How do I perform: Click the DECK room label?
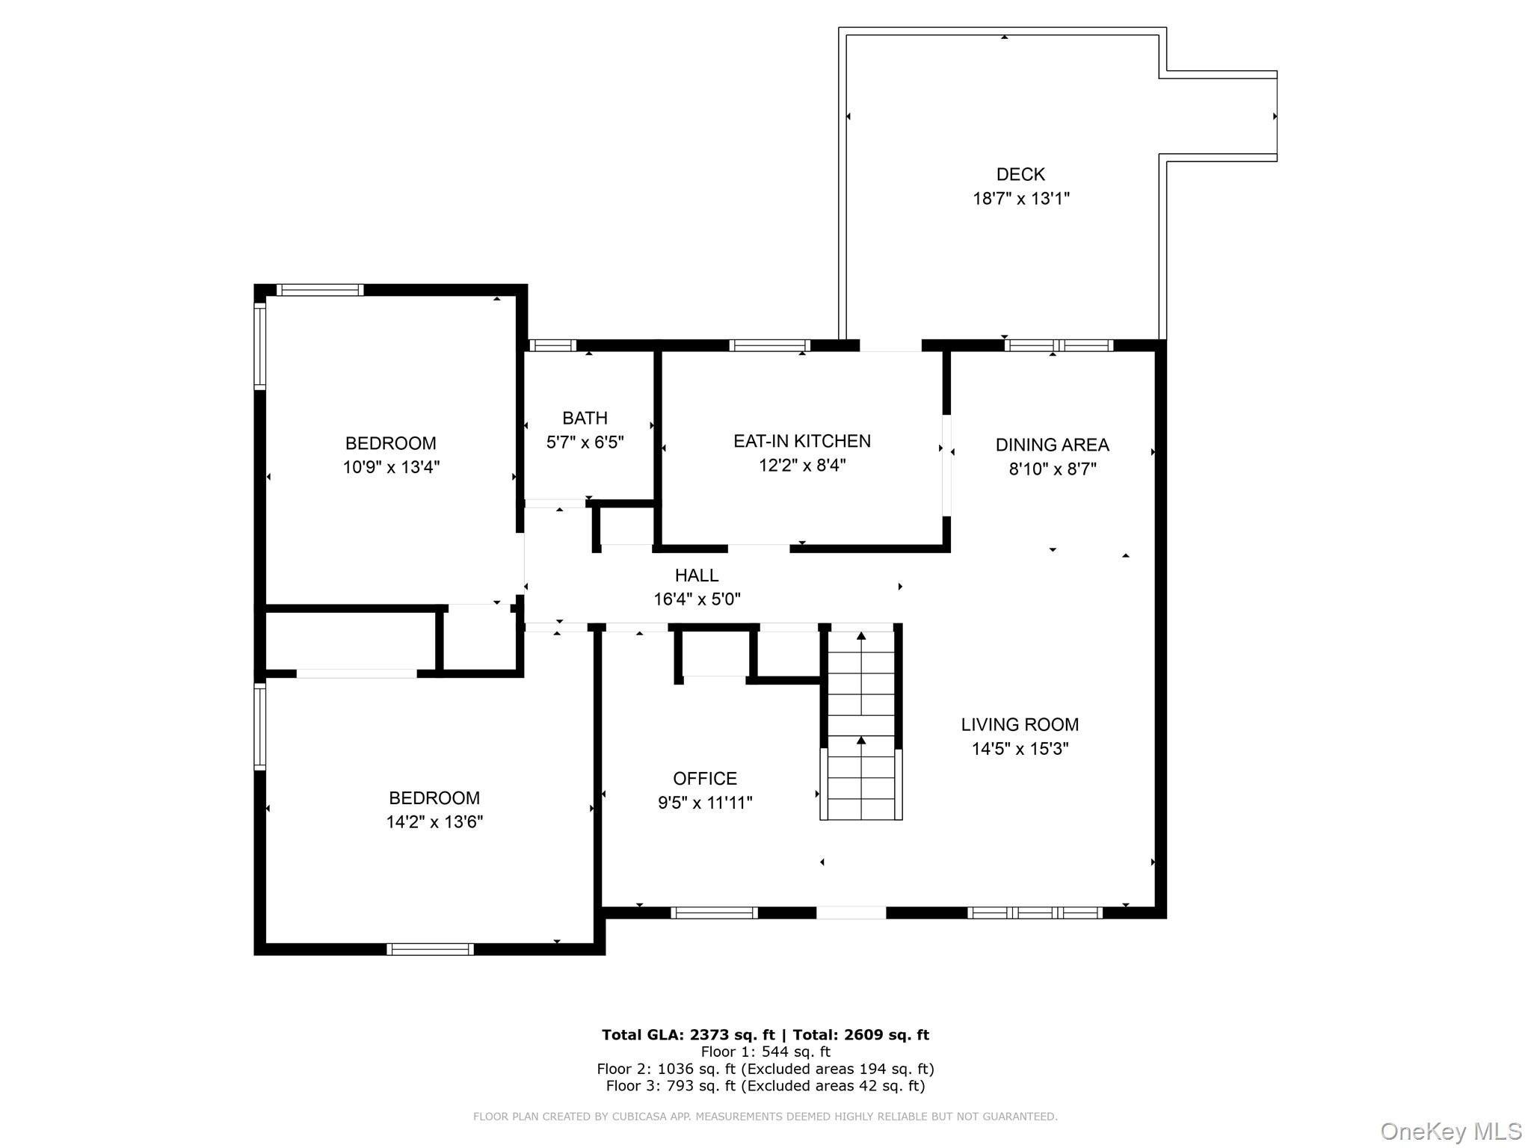[x=1020, y=174]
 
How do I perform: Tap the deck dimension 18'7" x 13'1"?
[x=1020, y=199]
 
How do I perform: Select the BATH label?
[x=585, y=418]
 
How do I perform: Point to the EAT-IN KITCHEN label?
[x=802, y=441]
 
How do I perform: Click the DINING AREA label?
[x=1052, y=445]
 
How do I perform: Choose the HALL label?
[x=697, y=575]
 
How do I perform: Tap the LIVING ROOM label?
[x=1020, y=724]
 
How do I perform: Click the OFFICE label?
[x=705, y=779]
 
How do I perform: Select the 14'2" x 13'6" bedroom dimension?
[x=434, y=822]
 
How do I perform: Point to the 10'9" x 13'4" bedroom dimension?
[x=391, y=468]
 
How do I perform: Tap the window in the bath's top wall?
[x=553, y=345]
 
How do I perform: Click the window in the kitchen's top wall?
[x=769, y=345]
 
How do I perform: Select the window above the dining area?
[x=1059, y=345]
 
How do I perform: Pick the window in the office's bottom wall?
[x=714, y=913]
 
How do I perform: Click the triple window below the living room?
[x=1035, y=913]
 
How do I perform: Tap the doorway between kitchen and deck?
[x=890, y=345]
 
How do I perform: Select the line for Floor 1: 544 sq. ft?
[x=765, y=1052]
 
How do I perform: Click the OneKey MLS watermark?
[x=1451, y=1131]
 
